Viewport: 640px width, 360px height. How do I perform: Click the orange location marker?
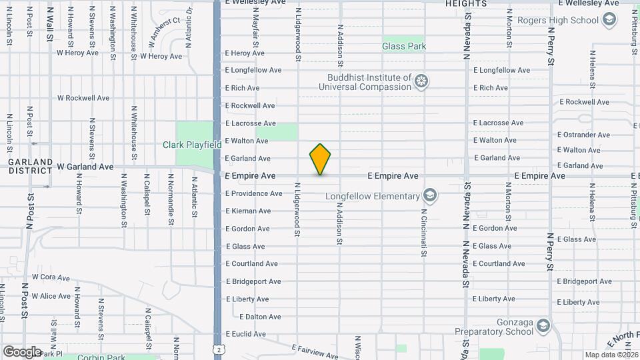coord(320,159)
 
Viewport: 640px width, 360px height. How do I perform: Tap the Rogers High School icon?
coord(608,20)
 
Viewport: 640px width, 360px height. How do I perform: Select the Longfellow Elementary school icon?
coord(431,196)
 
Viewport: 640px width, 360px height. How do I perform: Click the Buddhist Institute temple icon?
coord(421,82)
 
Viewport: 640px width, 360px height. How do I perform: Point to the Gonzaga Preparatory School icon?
coord(543,325)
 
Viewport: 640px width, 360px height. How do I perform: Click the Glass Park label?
coord(404,46)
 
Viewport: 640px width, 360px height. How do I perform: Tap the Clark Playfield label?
coord(192,145)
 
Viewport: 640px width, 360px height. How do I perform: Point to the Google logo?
coord(22,351)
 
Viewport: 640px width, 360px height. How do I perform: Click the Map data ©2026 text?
coord(610,355)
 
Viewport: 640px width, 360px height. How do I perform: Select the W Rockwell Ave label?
coord(83,98)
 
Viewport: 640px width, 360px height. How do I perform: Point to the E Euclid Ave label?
coord(245,334)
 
